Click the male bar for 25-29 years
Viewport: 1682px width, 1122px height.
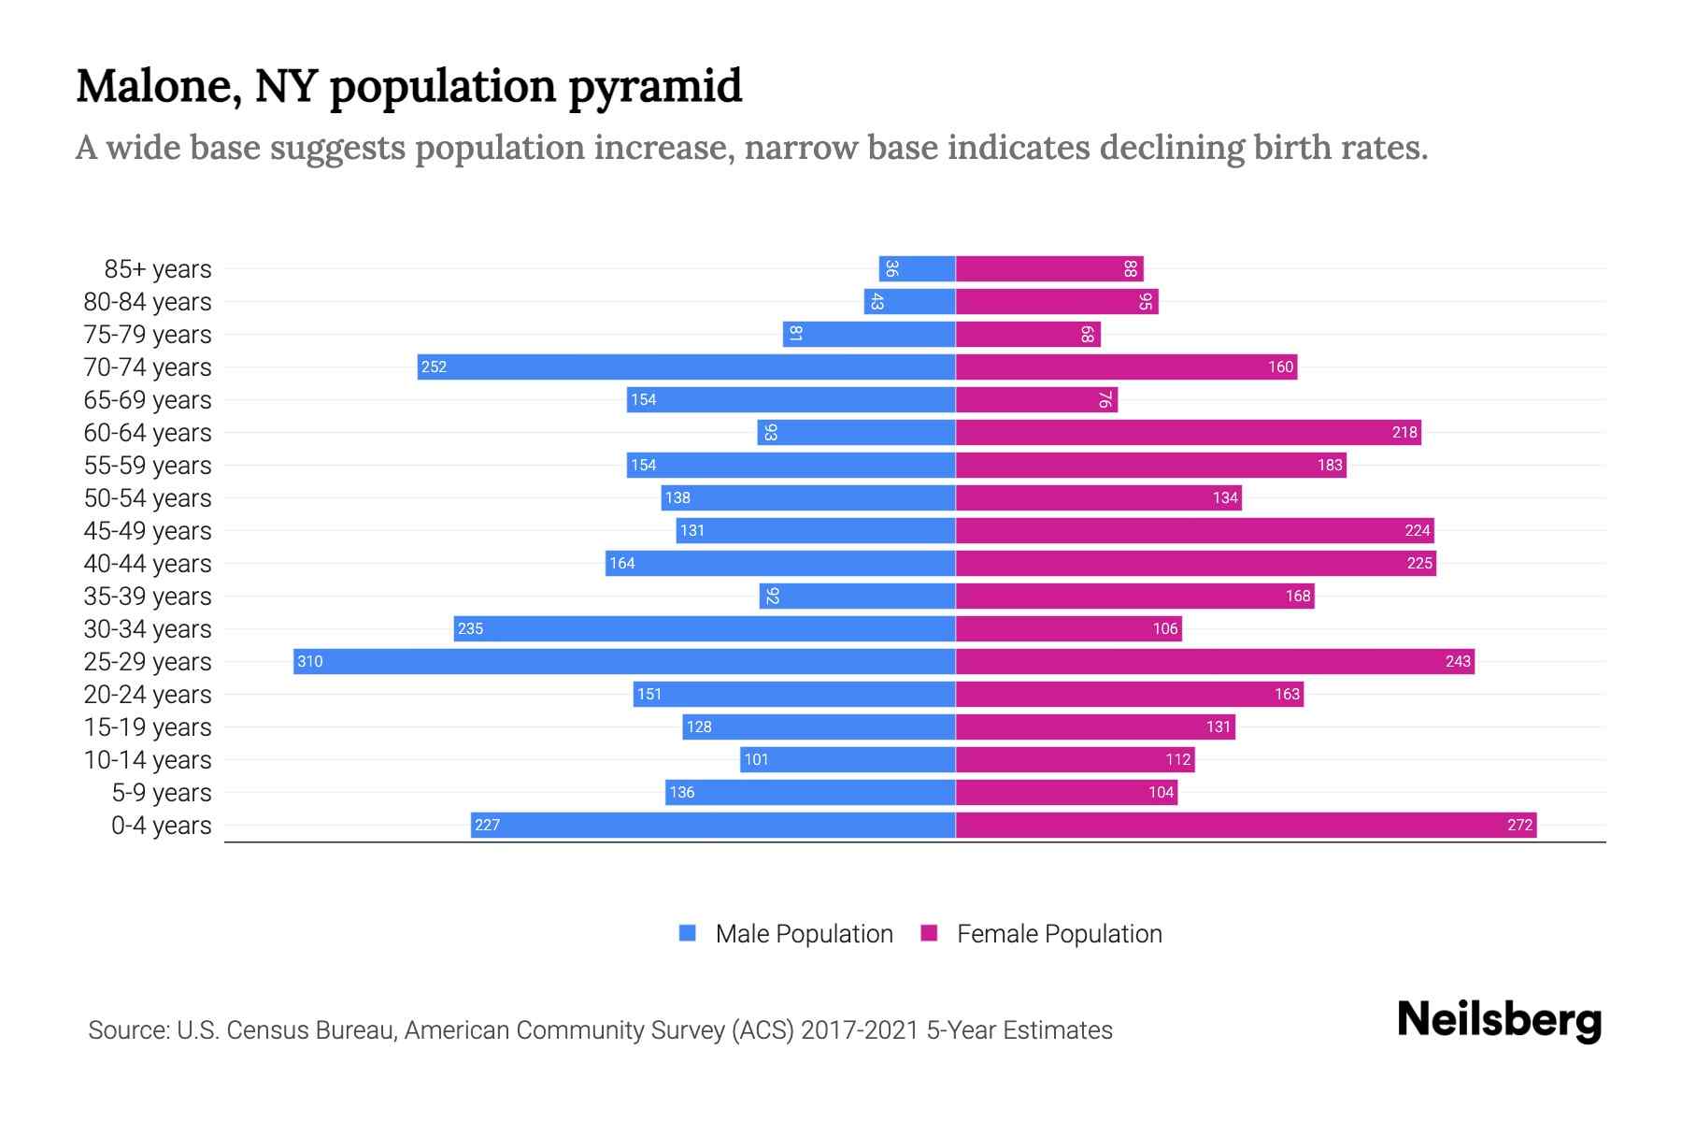pos(624,661)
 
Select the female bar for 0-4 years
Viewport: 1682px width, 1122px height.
pos(1246,825)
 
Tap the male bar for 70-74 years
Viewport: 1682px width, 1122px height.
pos(686,367)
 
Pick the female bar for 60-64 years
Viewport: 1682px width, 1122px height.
pos(1188,432)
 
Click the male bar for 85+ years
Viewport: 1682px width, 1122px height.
pos(917,268)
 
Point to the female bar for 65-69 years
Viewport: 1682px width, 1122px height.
pos(1036,399)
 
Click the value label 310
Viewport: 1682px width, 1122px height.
pos(310,662)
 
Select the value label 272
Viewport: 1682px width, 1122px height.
pos(1519,825)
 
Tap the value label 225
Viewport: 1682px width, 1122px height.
pos(1418,563)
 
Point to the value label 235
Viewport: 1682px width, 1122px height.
pos(470,628)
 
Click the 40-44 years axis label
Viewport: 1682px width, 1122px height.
pos(148,564)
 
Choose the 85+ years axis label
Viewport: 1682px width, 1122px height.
pos(158,269)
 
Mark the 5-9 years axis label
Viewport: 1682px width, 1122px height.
pos(162,793)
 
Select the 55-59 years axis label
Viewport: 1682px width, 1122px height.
pos(148,466)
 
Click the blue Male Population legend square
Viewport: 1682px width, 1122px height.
pos(688,933)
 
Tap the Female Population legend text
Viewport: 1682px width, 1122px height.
pos(1059,934)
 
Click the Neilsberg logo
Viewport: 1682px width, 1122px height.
pos(1499,1020)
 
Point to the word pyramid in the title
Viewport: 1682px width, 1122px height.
pos(655,87)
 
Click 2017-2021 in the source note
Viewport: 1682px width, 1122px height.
pos(859,1030)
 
